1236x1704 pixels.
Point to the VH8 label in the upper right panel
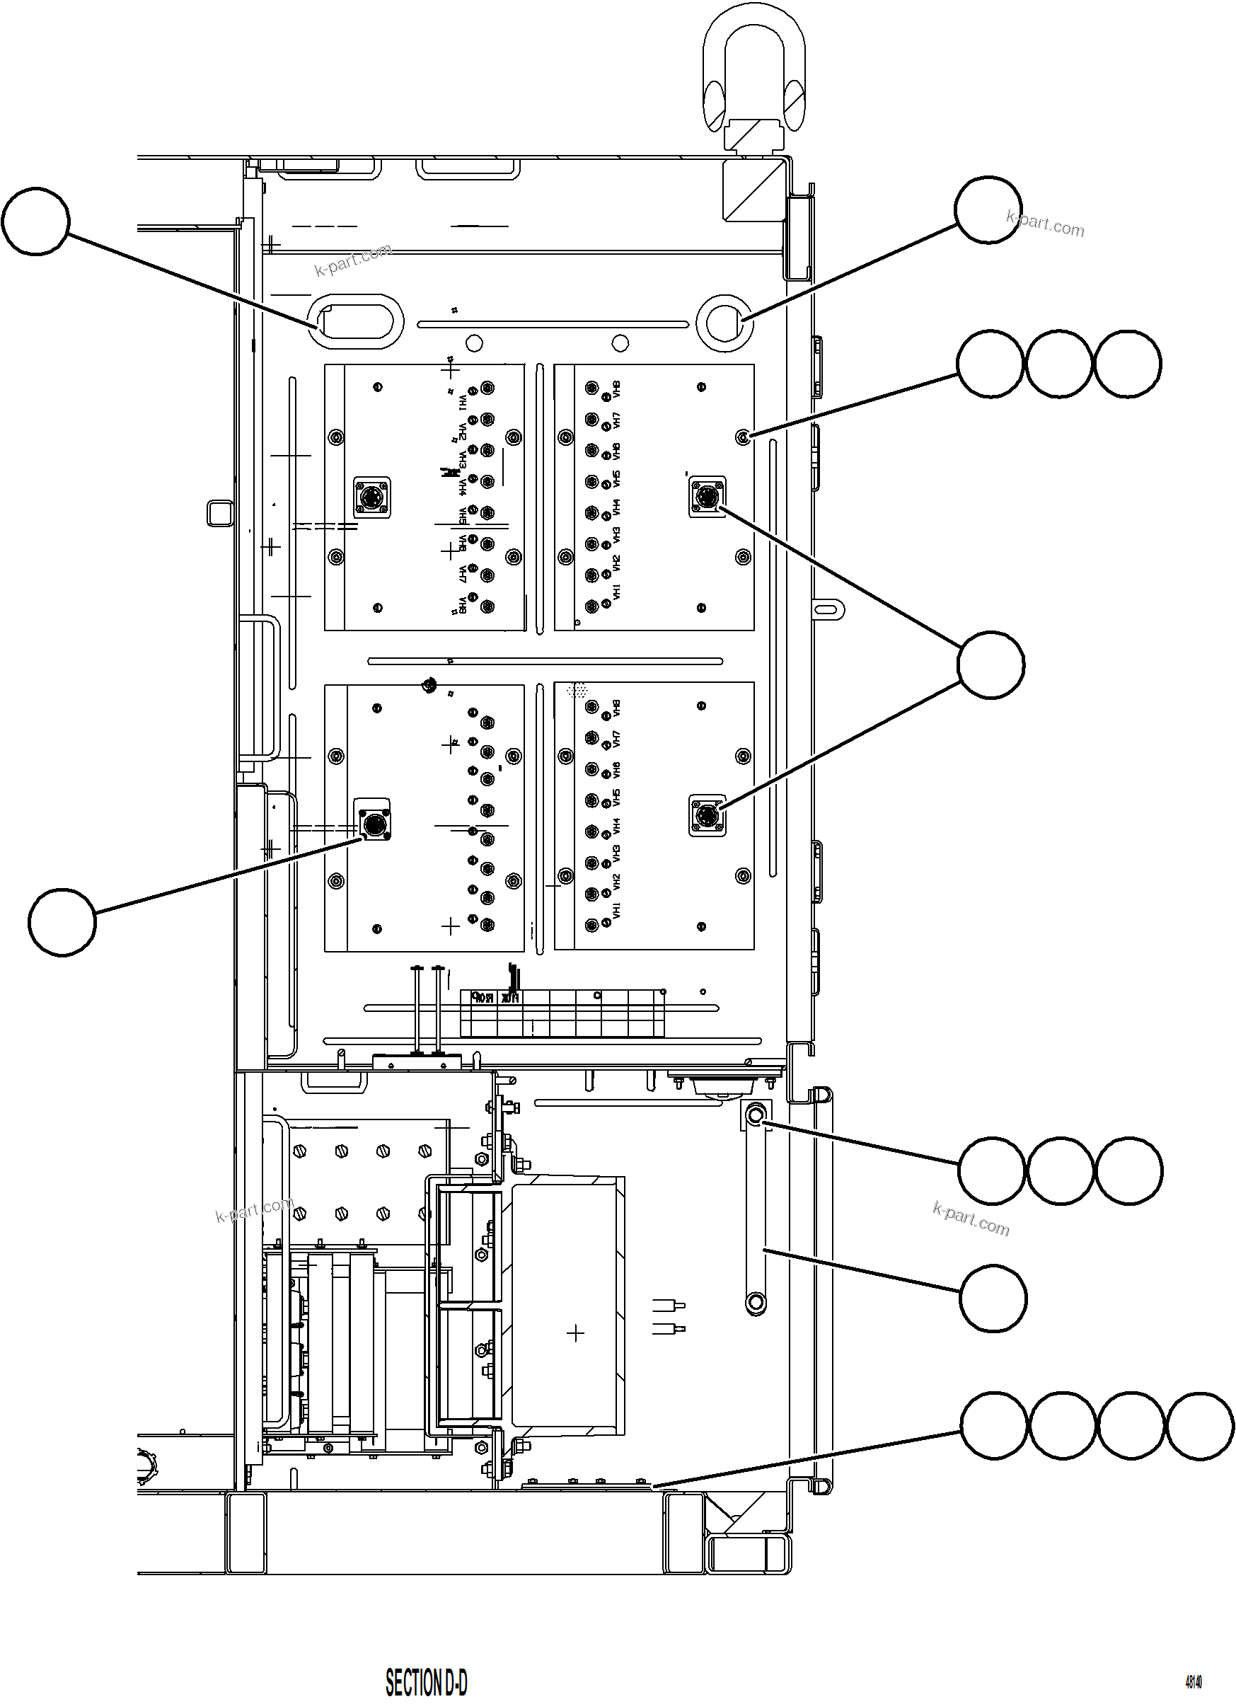coord(617,389)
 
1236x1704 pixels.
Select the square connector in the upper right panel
coord(707,496)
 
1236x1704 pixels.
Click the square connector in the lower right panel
coord(707,816)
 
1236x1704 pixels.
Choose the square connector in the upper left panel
coord(372,497)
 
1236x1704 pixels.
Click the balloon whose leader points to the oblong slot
coord(35,221)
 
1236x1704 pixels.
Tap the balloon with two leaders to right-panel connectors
coord(990,665)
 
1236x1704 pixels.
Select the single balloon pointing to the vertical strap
coord(993,1299)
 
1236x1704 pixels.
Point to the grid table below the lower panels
coord(562,1013)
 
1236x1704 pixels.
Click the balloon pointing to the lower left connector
coord(62,922)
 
